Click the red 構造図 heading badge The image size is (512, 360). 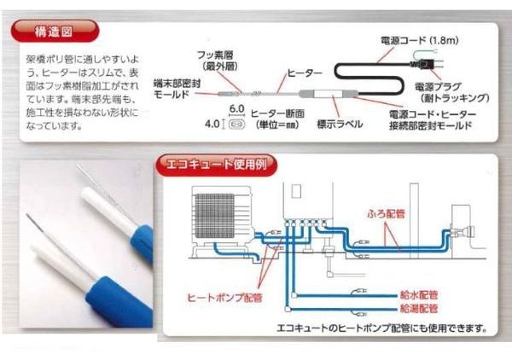coord(55,32)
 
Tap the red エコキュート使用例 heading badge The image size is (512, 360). coord(217,165)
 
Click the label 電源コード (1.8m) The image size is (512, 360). coord(420,40)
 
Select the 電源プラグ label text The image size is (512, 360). coord(438,87)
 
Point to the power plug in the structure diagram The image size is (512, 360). coord(423,64)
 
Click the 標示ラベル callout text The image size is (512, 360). coord(340,124)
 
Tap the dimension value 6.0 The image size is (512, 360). coord(236,108)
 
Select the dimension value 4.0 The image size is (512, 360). coord(212,124)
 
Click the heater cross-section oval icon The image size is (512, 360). coord(236,125)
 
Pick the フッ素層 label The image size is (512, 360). coord(215,55)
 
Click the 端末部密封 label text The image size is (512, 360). coord(177,84)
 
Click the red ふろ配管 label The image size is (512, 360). coord(386,214)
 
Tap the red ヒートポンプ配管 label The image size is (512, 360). coord(224,298)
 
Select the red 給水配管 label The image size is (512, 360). coord(419,295)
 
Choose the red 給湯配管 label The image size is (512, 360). coord(419,309)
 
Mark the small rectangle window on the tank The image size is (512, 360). coord(296,191)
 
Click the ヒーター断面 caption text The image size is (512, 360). coord(277,113)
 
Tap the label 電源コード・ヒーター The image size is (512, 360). coord(433,114)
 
